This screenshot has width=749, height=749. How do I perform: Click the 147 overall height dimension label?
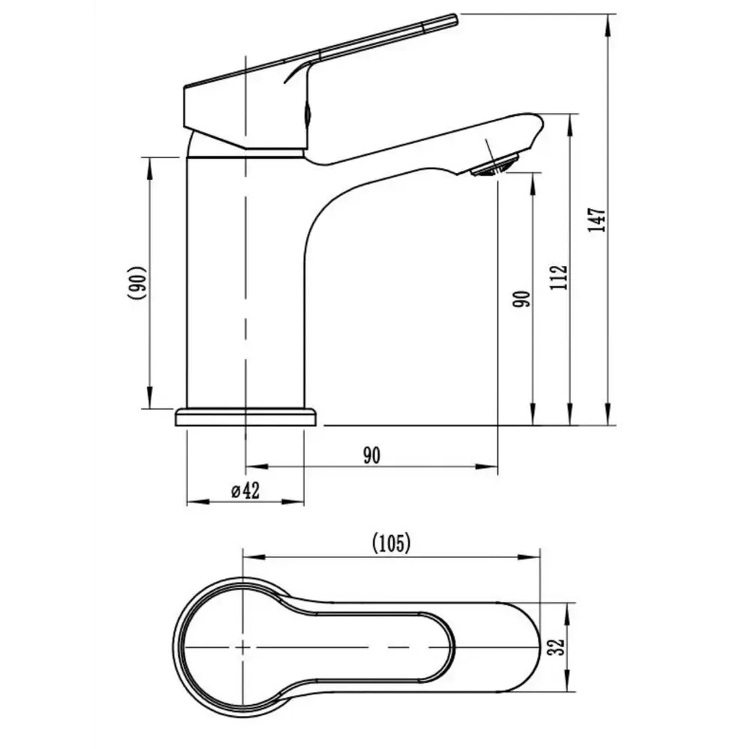tap(597, 220)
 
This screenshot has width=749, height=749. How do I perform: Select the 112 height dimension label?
tap(558, 277)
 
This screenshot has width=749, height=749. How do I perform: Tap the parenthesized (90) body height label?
tap(136, 283)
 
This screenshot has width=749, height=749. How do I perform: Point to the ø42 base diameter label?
tap(246, 491)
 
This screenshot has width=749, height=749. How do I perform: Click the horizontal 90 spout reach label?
tap(372, 455)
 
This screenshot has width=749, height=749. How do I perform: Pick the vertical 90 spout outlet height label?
tap(521, 299)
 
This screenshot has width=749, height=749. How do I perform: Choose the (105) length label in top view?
tap(391, 543)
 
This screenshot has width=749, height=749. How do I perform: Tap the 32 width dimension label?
tap(557, 647)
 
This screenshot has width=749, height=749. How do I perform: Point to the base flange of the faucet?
tap(246, 416)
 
